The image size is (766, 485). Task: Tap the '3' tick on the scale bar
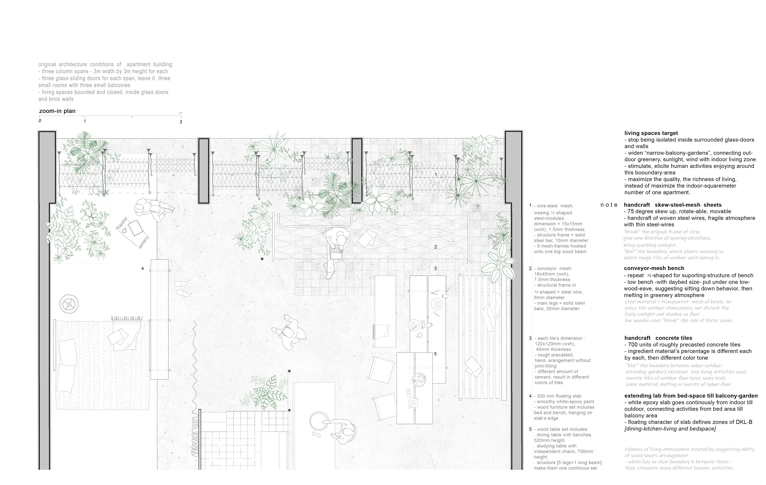(181, 122)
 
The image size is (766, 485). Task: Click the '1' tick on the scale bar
(85, 121)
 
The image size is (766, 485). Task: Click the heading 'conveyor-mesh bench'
(654, 268)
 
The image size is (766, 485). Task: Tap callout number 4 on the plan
(143, 269)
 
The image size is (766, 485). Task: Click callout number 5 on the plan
(435, 354)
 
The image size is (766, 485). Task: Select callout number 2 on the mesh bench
(435, 247)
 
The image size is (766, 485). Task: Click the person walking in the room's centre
(289, 334)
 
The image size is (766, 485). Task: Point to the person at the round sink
(345, 432)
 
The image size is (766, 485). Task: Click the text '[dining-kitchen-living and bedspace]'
(670, 429)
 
